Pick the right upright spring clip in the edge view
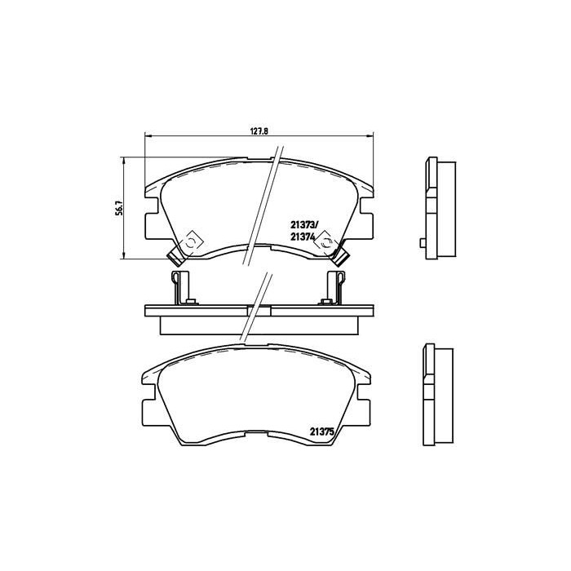pyautogui.click(x=335, y=288)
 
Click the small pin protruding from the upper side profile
pyautogui.click(x=420, y=241)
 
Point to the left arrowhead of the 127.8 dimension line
pyautogui.click(x=148, y=135)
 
